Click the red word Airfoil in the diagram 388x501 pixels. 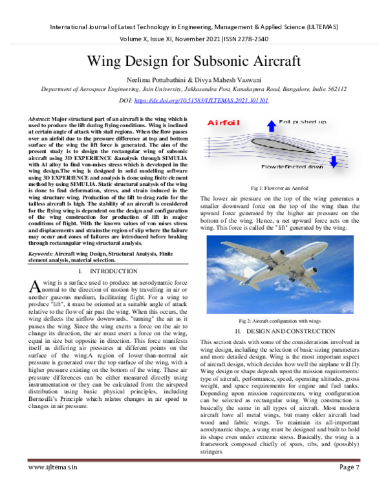[223, 123]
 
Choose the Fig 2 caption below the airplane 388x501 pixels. [279, 320]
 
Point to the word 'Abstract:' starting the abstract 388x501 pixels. [41, 120]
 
